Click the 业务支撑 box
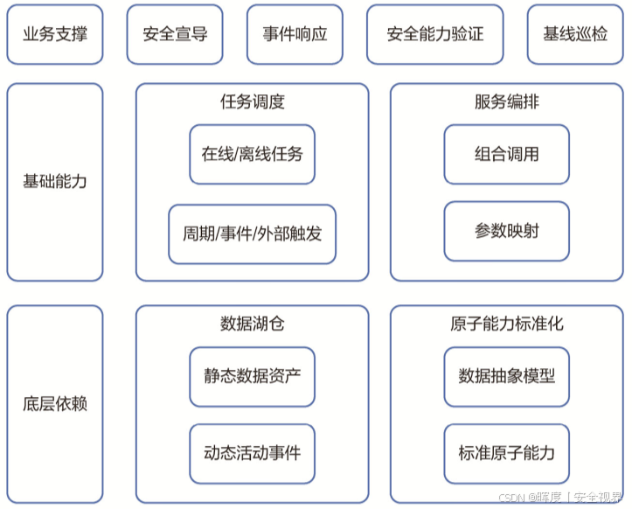54,35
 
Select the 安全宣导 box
175,35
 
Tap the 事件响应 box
295,35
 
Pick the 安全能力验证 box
434,35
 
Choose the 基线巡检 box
574,35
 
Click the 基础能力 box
54,183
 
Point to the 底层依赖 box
54,405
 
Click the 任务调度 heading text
252,101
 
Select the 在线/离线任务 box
252,155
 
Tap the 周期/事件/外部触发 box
252,234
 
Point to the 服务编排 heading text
506,101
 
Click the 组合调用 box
506,155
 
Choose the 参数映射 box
506,232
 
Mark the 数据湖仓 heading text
252,324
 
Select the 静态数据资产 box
252,377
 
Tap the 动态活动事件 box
252,454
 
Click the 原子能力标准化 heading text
506,324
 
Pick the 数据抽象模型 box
506,377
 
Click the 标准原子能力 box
506,454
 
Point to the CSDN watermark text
560,498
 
